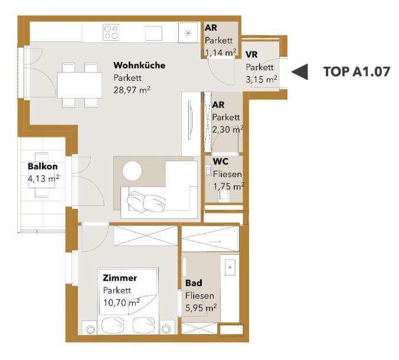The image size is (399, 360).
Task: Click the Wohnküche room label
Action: [139, 66]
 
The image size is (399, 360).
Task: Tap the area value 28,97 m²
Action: [132, 90]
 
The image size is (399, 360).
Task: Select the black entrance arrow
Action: [299, 72]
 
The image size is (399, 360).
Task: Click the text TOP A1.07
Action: [357, 72]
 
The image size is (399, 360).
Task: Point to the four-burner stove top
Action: [111, 32]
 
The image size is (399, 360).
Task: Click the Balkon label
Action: [42, 166]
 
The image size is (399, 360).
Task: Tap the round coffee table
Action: [132, 171]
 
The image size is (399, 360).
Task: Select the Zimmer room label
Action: [120, 278]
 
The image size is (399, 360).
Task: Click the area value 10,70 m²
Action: [122, 303]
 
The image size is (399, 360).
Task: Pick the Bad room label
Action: [194, 283]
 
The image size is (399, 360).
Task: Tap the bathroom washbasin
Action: [230, 267]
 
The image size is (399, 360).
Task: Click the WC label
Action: [221, 161]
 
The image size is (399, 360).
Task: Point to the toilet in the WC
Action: [224, 196]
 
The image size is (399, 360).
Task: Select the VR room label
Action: [251, 54]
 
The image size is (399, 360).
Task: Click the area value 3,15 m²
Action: [261, 80]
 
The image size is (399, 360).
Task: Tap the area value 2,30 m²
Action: [228, 129]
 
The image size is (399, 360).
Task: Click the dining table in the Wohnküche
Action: [80, 85]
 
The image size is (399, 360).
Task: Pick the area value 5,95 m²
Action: [201, 308]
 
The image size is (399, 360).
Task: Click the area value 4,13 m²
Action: [44, 179]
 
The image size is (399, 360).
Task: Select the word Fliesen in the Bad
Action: [199, 296]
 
